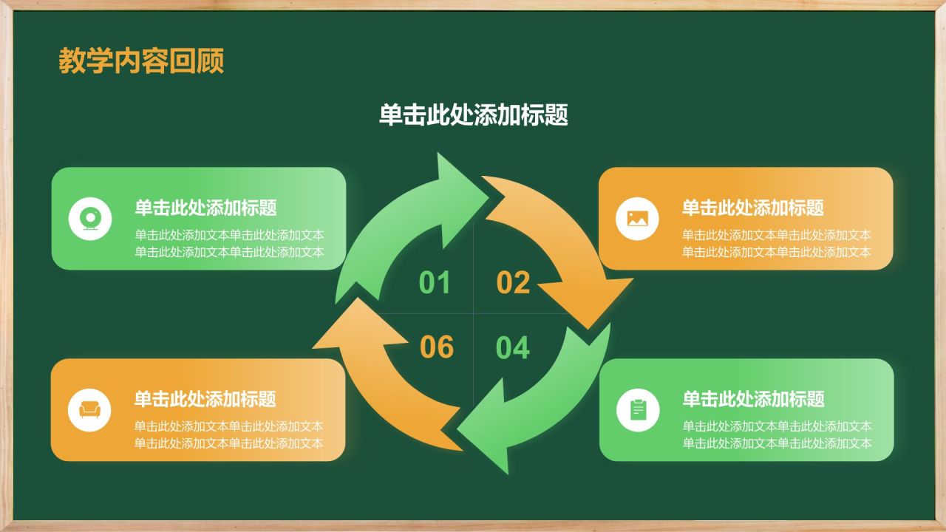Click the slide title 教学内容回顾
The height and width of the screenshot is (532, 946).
tap(141, 61)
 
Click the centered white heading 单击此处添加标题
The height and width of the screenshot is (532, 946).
tap(473, 115)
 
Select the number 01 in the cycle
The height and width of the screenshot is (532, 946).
tap(435, 283)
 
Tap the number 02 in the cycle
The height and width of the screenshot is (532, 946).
tap(513, 283)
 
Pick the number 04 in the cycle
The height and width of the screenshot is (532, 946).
tap(513, 348)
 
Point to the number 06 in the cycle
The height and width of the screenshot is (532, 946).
tap(436, 348)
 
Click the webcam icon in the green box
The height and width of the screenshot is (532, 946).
tap(90, 219)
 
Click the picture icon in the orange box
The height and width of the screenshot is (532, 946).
tap(637, 219)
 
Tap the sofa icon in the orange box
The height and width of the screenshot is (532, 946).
tap(89, 409)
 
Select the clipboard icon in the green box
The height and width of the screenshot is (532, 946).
tap(637, 409)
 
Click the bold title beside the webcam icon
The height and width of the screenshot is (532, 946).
tap(205, 208)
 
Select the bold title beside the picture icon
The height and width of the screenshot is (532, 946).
tap(752, 208)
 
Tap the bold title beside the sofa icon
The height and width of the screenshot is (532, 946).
tap(205, 399)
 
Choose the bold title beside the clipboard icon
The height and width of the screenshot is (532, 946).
tap(753, 399)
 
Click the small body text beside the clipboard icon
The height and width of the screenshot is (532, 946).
tap(777, 434)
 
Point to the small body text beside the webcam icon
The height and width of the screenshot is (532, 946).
tap(229, 243)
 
